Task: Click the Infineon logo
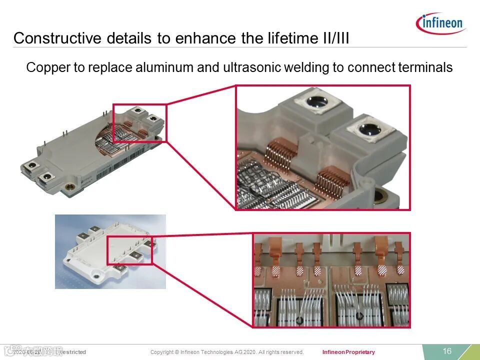point(439,22)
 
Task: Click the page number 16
point(447,351)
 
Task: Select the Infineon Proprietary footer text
point(348,352)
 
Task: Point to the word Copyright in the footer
point(162,352)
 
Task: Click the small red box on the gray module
point(139,123)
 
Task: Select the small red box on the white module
point(129,249)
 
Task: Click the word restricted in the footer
point(73,352)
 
